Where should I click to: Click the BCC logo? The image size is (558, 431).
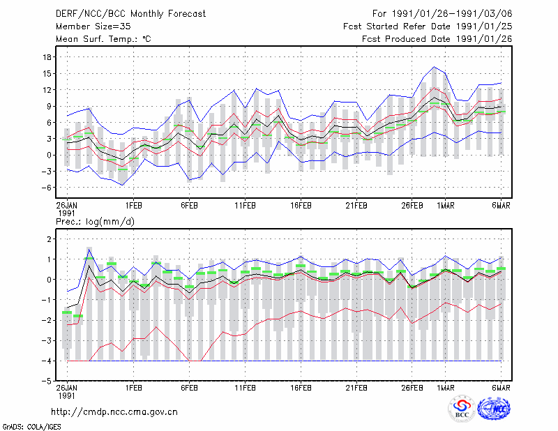462,408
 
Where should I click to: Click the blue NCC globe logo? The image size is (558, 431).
494,408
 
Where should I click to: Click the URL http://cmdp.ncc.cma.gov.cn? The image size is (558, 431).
114,412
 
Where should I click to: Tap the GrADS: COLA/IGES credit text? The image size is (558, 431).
31,426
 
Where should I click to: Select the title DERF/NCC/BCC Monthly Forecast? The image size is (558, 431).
130,14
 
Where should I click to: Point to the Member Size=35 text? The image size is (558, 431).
93,27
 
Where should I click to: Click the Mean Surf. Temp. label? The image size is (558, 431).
103,39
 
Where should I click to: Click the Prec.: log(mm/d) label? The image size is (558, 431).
95,222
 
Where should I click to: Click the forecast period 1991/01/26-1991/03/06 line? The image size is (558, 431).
442,14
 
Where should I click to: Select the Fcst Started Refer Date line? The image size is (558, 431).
428,27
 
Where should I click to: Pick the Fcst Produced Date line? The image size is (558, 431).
437,39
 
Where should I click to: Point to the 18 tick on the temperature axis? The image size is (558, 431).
47,57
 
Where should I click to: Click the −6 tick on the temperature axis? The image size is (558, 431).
46,188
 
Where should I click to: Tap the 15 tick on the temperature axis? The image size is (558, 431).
47,74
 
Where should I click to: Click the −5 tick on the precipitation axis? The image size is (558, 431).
46,381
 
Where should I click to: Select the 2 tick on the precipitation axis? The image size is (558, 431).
50,239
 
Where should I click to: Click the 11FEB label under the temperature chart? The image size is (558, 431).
245,206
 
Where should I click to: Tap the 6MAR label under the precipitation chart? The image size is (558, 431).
501,388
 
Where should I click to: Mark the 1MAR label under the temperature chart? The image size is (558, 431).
445,206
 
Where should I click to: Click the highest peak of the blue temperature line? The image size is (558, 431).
434,66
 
